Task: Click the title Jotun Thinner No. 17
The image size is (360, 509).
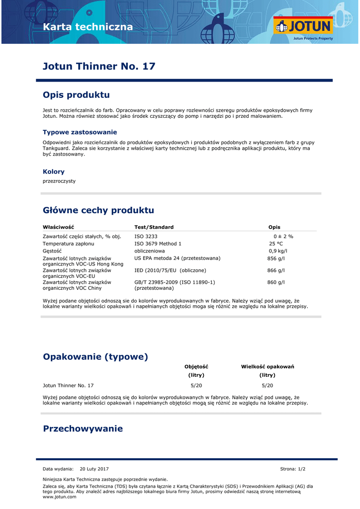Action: (x=99, y=66)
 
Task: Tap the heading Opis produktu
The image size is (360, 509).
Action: (x=76, y=95)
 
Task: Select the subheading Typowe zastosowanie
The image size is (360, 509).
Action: (x=80, y=132)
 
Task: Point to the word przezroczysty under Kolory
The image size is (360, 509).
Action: (x=59, y=181)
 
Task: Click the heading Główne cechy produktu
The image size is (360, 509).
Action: (x=98, y=210)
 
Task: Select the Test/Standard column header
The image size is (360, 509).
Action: (x=154, y=227)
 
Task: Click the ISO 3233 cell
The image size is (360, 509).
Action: (x=146, y=237)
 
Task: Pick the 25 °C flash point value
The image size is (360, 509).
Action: (x=276, y=244)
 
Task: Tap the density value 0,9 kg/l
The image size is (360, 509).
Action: (x=278, y=251)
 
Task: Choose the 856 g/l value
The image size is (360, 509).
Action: (x=276, y=258)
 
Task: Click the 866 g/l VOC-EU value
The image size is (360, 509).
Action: (x=276, y=270)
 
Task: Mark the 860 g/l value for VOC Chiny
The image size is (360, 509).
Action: (x=276, y=282)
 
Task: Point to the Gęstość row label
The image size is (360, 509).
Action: (x=52, y=251)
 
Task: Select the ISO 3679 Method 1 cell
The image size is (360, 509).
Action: (x=158, y=244)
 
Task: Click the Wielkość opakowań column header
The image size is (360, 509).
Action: (x=268, y=367)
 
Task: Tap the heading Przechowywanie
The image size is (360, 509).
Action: (x=83, y=428)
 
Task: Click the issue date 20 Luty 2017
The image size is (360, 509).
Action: (x=94, y=469)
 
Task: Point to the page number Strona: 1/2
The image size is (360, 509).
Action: (x=293, y=469)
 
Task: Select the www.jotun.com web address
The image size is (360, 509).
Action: (x=60, y=497)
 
